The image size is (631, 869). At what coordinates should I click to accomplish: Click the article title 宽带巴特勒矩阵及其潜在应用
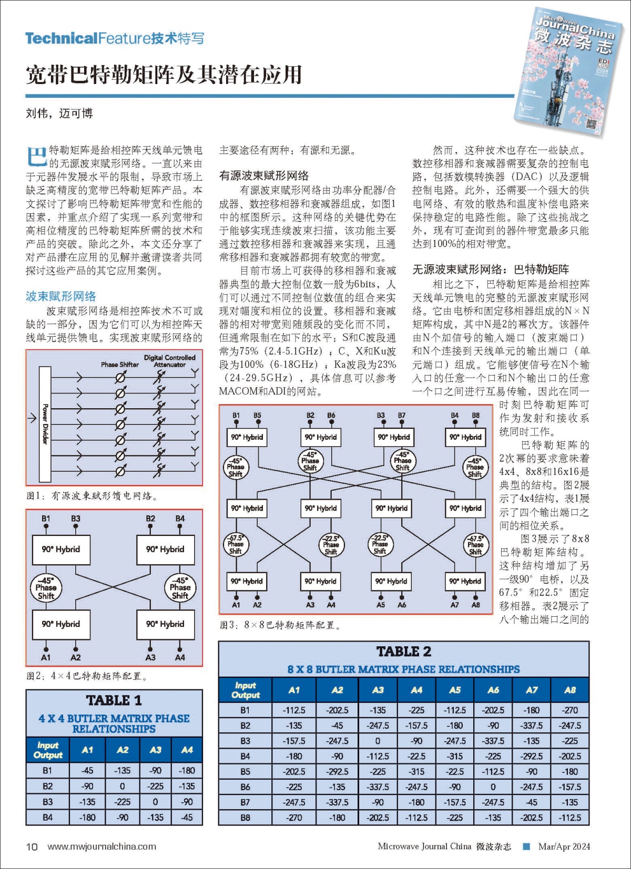(164, 75)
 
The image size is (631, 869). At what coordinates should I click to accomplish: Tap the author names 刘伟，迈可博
(59, 113)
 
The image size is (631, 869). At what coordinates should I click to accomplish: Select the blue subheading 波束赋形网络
(61, 296)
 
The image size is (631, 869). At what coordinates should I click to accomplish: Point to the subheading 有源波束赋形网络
(264, 175)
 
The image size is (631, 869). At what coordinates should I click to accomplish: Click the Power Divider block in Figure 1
(45, 424)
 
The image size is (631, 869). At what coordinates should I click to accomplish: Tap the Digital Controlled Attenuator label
(169, 361)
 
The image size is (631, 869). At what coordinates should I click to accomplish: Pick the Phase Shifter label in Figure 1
(120, 365)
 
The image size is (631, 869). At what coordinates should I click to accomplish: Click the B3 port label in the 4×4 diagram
(76, 519)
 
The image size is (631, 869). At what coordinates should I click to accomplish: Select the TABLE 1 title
(114, 700)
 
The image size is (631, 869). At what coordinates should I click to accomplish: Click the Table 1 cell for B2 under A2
(123, 787)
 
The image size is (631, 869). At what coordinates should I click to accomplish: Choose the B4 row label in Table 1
(48, 818)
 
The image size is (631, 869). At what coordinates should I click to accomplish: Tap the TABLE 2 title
(403, 651)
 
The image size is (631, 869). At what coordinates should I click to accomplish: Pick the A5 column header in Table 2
(455, 690)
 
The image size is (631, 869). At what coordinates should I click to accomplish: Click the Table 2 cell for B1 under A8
(570, 710)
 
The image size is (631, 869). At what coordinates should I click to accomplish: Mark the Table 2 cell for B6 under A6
(493, 787)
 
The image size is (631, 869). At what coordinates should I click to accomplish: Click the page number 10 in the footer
(32, 846)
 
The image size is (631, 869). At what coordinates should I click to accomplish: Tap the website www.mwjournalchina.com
(101, 846)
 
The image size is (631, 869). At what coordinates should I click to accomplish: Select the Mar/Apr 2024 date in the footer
(564, 846)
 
